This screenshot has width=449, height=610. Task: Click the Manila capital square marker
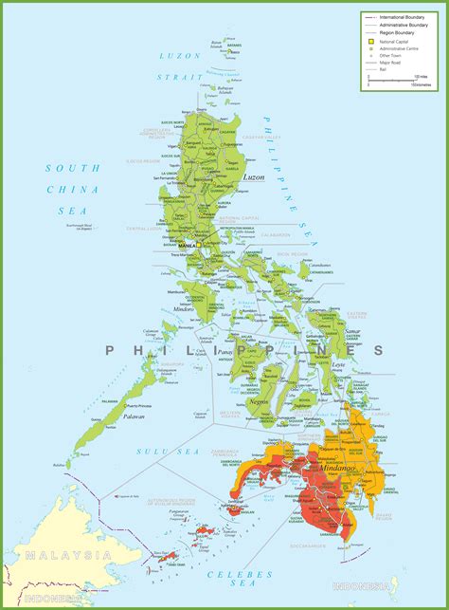click(201, 241)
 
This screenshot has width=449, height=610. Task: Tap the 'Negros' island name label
click(258, 401)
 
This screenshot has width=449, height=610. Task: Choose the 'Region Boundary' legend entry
click(397, 32)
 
